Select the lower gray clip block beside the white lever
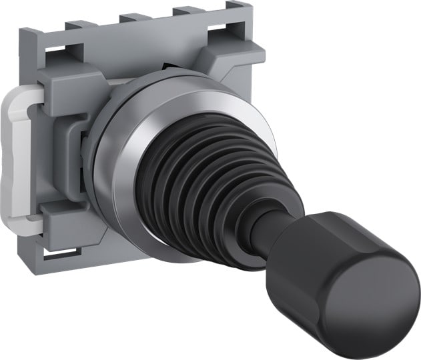point(67,220)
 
